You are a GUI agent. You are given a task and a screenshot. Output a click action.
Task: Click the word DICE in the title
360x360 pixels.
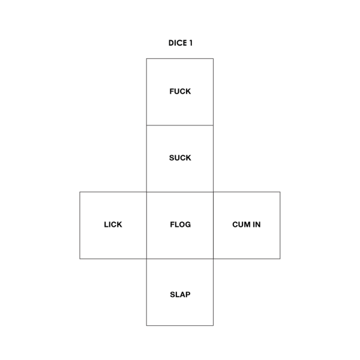178,43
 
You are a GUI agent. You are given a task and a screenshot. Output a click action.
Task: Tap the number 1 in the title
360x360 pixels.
191,43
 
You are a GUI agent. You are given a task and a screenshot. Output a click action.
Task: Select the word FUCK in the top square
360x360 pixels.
180,91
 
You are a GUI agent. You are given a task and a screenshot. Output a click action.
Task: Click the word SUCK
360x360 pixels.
180,158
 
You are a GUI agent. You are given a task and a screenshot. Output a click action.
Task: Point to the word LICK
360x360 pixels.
113,224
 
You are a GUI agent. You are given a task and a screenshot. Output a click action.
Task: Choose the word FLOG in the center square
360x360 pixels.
180,224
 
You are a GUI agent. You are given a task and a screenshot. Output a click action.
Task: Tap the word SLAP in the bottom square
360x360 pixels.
180,295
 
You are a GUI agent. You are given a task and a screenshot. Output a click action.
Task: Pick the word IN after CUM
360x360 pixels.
257,224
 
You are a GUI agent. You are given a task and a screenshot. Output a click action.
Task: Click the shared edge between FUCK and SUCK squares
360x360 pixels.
180,125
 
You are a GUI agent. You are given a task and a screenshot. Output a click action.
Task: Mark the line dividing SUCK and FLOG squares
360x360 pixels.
180,192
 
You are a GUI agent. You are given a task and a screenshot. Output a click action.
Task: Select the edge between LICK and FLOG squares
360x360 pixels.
146,225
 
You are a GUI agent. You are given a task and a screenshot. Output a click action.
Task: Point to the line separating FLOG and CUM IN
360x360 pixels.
213,225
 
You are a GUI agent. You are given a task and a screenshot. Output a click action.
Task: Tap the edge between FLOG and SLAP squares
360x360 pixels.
180,259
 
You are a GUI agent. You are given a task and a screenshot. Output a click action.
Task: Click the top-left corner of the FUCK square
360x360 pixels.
146,59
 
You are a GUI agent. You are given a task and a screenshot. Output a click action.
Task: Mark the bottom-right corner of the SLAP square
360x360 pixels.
213,325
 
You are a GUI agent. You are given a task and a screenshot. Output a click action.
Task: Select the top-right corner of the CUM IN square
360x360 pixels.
280,192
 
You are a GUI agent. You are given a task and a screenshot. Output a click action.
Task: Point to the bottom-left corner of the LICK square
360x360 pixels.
80,259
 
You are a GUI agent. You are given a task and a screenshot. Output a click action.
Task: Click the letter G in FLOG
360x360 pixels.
188,224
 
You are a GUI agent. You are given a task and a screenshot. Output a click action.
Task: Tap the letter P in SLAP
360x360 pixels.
188,295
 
